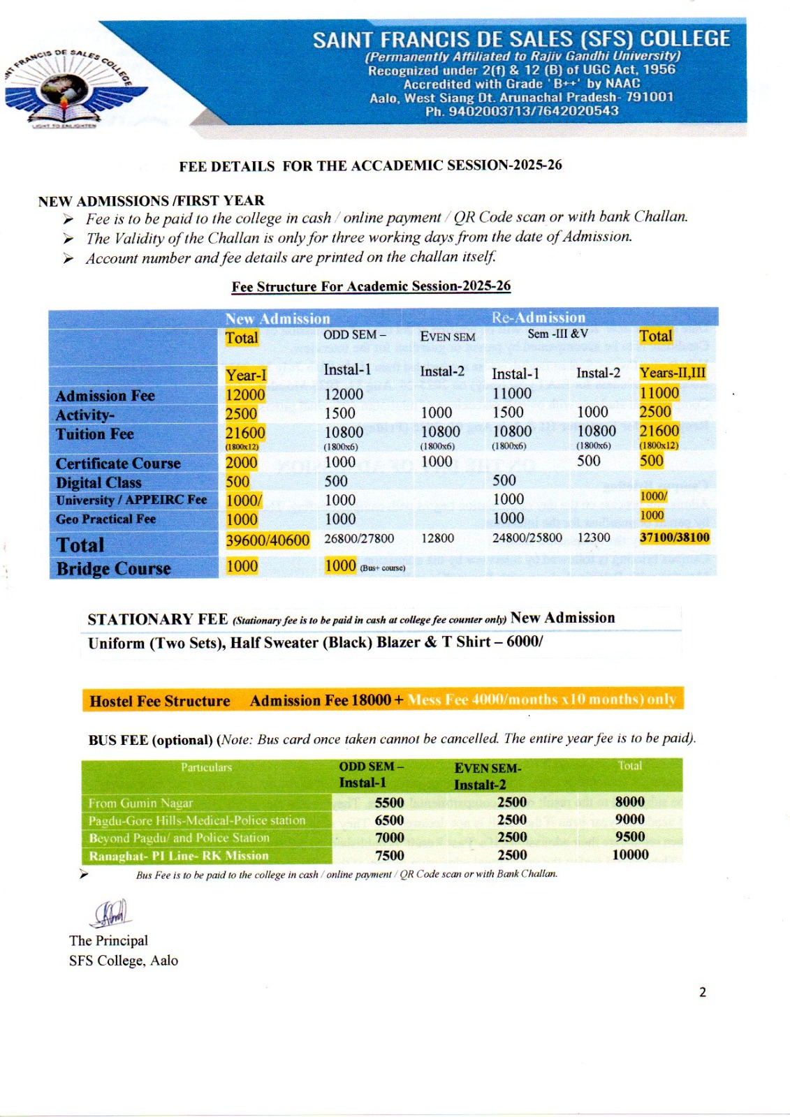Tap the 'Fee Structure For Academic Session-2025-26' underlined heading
tap(371, 286)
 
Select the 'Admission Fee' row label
tap(105, 396)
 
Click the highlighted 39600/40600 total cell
tap(267, 540)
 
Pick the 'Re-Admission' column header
tap(538, 318)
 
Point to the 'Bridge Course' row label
tap(113, 569)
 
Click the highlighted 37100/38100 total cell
tap(674, 537)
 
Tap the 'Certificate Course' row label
tap(118, 464)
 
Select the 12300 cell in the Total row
tap(593, 538)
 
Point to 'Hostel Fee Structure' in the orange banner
tap(160, 701)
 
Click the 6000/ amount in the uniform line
tap(524, 642)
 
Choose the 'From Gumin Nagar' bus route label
tap(140, 803)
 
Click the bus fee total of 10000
tap(630, 855)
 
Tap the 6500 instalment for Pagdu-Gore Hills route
tap(389, 820)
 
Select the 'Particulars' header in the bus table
tap(206, 767)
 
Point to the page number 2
tap(702, 992)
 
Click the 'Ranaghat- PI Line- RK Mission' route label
tap(178, 856)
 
